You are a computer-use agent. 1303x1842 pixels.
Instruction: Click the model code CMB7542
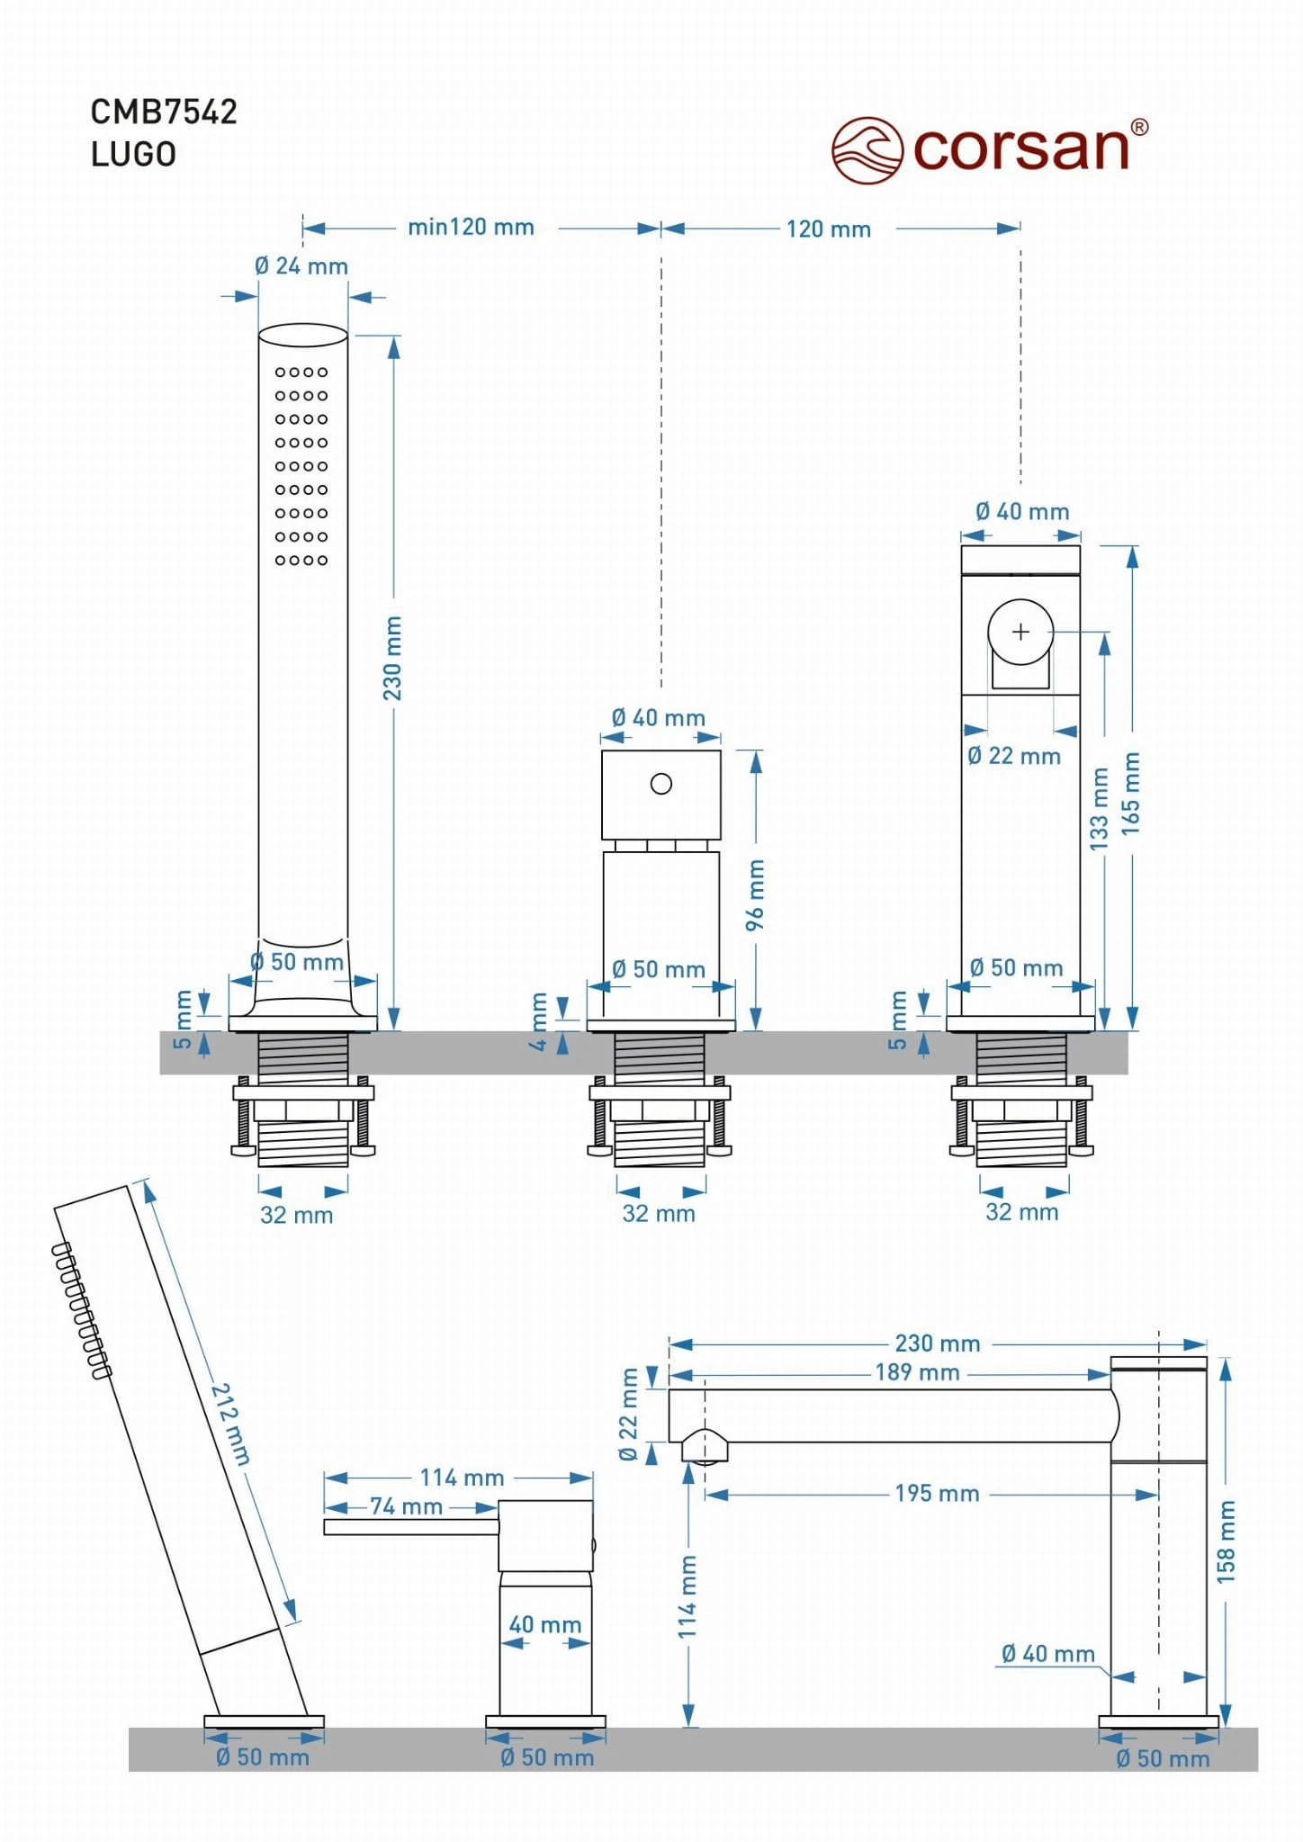click(x=164, y=112)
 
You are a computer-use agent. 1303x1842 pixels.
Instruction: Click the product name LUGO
click(x=133, y=155)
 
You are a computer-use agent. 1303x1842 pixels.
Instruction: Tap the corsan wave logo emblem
click(x=866, y=150)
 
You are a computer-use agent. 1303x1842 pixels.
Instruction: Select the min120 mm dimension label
click(x=471, y=227)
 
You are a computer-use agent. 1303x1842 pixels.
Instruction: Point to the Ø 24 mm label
click(x=301, y=266)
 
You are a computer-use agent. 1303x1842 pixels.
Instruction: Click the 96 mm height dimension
click(x=755, y=894)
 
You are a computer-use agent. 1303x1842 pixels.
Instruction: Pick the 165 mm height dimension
click(x=1130, y=794)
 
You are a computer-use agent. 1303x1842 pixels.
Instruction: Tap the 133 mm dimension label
click(x=1100, y=808)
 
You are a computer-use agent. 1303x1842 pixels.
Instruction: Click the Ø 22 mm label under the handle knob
click(x=1013, y=756)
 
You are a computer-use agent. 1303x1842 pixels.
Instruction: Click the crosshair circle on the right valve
click(x=1020, y=632)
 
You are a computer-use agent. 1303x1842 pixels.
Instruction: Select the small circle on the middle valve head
click(x=660, y=784)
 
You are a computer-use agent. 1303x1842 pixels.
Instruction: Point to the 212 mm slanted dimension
click(x=230, y=1424)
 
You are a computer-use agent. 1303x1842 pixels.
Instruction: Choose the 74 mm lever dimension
click(x=406, y=1506)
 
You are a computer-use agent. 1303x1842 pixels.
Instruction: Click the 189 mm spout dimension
click(x=917, y=1372)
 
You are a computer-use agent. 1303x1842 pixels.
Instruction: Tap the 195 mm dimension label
click(x=936, y=1494)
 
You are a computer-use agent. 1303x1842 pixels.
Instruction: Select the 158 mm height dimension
click(x=1226, y=1541)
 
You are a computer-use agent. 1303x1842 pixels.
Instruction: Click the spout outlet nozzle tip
click(x=705, y=1448)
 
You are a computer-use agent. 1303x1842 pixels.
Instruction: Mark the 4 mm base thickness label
click(x=538, y=1021)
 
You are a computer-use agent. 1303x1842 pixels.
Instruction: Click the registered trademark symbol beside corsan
click(x=1138, y=128)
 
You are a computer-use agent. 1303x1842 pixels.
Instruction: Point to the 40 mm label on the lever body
click(x=544, y=1624)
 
